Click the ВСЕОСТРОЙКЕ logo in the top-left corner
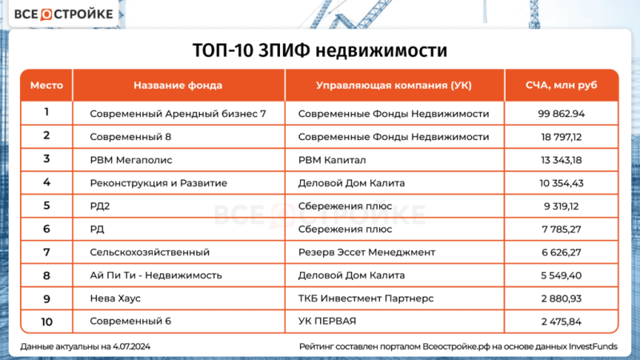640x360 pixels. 62,15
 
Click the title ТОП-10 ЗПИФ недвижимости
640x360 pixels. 319,50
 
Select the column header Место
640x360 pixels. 46,85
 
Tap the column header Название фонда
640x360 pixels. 178,85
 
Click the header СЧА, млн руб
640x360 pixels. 562,85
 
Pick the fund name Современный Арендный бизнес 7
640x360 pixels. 178,114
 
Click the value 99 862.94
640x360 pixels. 562,114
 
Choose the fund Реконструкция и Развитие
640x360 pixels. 159,182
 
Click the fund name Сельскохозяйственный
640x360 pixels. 150,252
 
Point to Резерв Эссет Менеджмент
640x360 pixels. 366,252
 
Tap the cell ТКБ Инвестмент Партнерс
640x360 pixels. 365,298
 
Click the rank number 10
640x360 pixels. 46,321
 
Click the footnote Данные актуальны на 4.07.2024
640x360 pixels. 92,346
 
